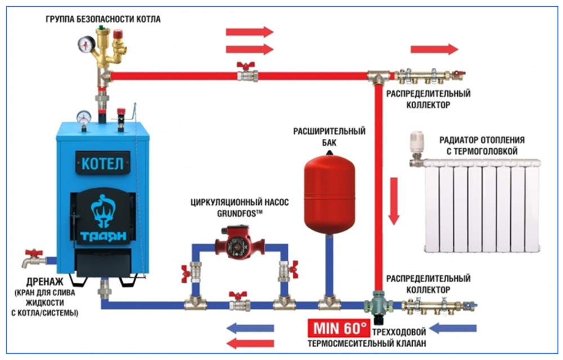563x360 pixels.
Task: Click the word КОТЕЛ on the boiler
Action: (102, 165)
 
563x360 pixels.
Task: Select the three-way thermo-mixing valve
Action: (375, 305)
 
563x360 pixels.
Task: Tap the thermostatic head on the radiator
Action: (417, 144)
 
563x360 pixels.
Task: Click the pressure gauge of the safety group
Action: (87, 45)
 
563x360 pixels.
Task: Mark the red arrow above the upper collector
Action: (434, 50)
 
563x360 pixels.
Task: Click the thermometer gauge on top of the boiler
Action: (84, 117)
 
